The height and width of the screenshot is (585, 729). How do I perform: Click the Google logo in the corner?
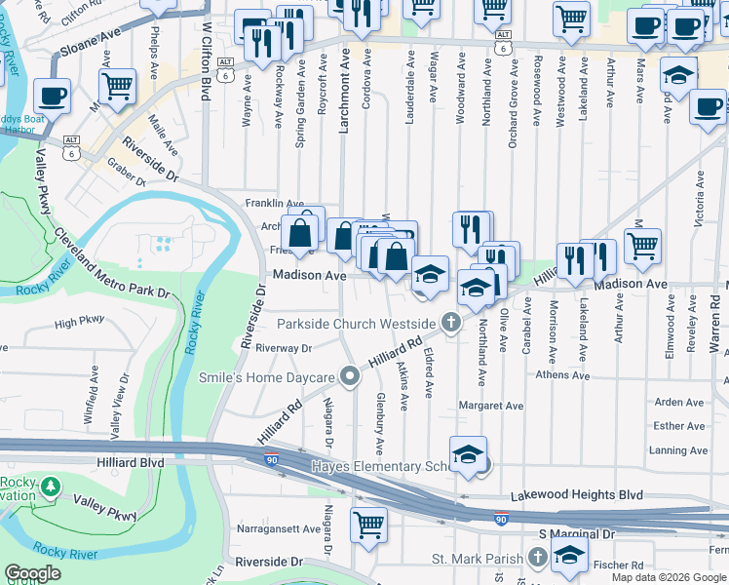pyautogui.click(x=33, y=573)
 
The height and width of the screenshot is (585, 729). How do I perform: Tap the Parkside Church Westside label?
pyautogui.click(x=356, y=323)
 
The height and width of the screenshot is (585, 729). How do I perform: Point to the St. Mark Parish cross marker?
pyautogui.click(x=538, y=557)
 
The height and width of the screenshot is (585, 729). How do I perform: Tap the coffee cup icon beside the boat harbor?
pyautogui.click(x=52, y=96)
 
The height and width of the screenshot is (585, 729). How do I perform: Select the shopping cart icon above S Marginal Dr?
pyautogui.click(x=368, y=524)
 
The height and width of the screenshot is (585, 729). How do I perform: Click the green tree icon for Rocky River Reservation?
pyautogui.click(x=50, y=486)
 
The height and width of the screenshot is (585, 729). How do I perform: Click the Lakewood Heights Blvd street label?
pyautogui.click(x=591, y=495)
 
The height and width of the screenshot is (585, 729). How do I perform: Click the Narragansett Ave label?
pyautogui.click(x=279, y=529)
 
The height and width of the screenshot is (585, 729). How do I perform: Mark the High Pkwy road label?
pyautogui.click(x=80, y=323)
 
